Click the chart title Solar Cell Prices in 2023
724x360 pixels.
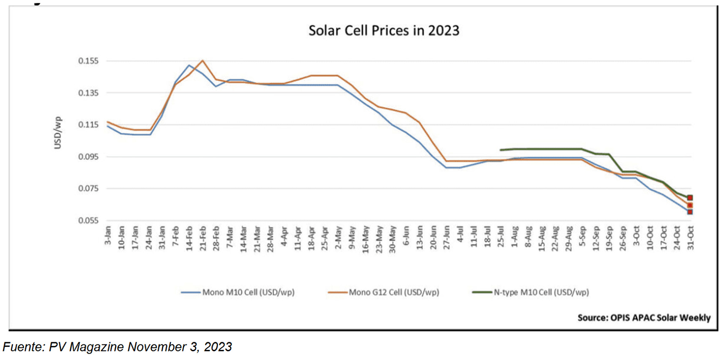pos(383,30)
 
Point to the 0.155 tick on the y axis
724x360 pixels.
pos(88,61)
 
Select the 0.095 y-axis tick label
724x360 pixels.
pos(88,157)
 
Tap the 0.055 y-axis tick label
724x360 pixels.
pos(88,221)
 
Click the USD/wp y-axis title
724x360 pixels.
pos(57,133)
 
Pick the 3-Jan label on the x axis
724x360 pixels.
pos(108,235)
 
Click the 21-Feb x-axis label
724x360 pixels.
pos(203,238)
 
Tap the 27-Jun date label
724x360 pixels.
pos(447,237)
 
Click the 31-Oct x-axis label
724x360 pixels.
pos(690,238)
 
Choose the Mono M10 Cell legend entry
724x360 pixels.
pos(238,292)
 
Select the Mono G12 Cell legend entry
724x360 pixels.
pos(384,292)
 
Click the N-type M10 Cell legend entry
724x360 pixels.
pos(530,292)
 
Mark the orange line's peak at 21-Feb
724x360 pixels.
pos(203,60)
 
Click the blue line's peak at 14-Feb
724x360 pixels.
pos(189,65)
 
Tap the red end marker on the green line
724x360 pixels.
pos(690,198)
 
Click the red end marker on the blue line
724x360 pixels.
pos(690,212)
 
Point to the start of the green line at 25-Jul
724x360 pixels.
pos(501,150)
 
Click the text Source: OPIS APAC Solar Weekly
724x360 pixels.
pos(644,318)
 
